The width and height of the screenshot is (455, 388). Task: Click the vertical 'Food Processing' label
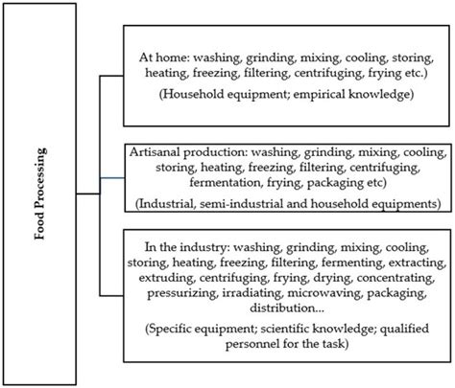[39, 194]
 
